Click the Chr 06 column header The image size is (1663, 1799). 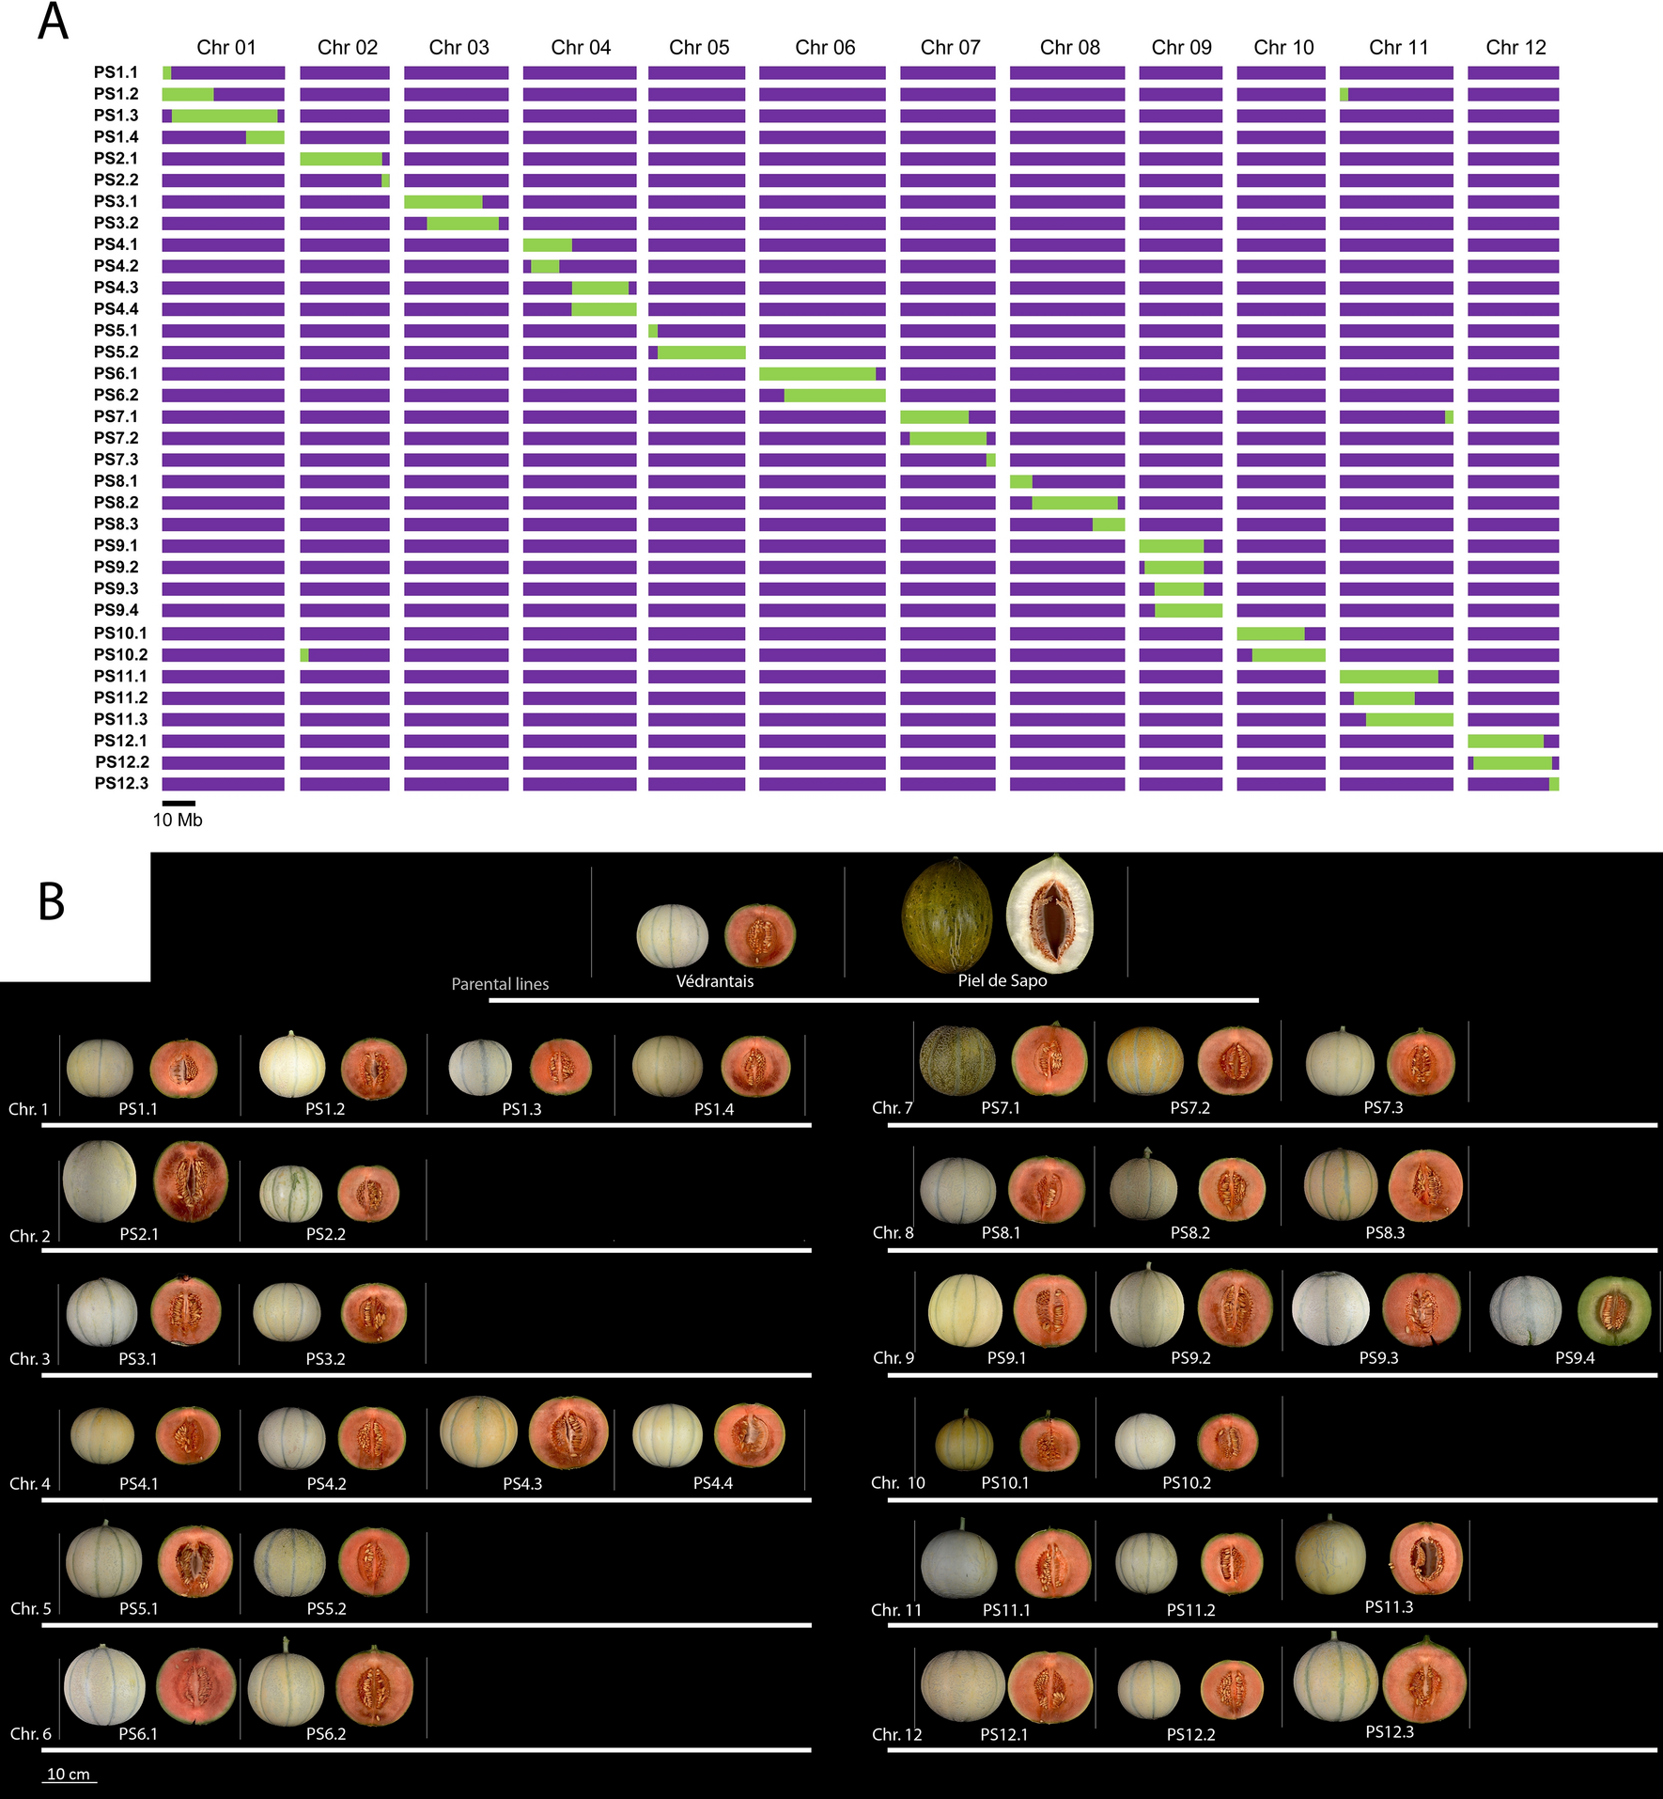pos(825,47)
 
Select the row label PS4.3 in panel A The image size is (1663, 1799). pos(116,288)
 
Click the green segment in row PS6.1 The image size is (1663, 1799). pos(816,374)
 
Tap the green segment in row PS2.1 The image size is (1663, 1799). pos(340,159)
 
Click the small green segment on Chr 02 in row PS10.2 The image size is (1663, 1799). pos(304,655)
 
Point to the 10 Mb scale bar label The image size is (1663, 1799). pos(178,820)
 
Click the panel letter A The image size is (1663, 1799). pos(53,23)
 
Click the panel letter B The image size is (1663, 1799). pos(52,901)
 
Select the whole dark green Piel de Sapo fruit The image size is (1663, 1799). pos(946,915)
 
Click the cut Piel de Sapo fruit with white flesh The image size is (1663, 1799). pos(1050,914)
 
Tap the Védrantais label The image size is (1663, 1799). pos(714,981)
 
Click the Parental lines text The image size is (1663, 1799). pos(500,984)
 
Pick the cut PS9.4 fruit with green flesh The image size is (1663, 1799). pos(1613,1310)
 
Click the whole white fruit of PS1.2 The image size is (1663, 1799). pos(292,1065)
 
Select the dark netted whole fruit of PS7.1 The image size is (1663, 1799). pos(956,1061)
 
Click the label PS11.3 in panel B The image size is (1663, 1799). pos(1389,1607)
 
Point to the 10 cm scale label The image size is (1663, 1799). pos(69,1775)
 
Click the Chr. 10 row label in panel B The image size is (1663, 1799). pos(897,1483)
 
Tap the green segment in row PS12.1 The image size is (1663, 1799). pos(1505,742)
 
